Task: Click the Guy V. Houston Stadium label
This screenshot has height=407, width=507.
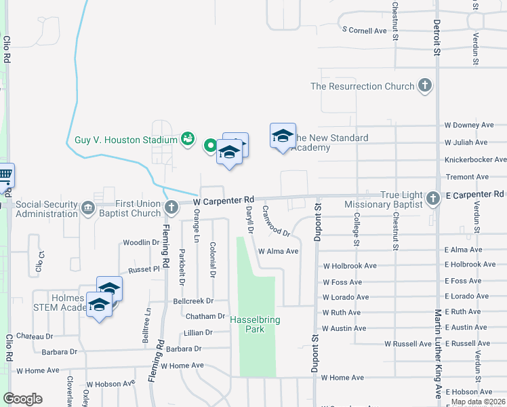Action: (126, 140)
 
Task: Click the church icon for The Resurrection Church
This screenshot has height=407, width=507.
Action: (425, 86)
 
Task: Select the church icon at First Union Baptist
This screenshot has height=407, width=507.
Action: (171, 205)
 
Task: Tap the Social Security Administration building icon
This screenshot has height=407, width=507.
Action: (88, 208)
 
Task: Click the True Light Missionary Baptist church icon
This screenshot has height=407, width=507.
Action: (434, 198)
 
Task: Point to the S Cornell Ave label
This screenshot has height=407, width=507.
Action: (365, 31)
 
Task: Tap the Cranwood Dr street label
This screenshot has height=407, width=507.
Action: (276, 222)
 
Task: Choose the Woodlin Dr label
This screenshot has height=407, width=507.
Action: (140, 243)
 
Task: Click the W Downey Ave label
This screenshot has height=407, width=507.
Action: (469, 125)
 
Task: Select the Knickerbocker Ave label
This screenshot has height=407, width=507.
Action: (475, 160)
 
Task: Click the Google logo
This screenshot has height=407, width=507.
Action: (22, 399)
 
